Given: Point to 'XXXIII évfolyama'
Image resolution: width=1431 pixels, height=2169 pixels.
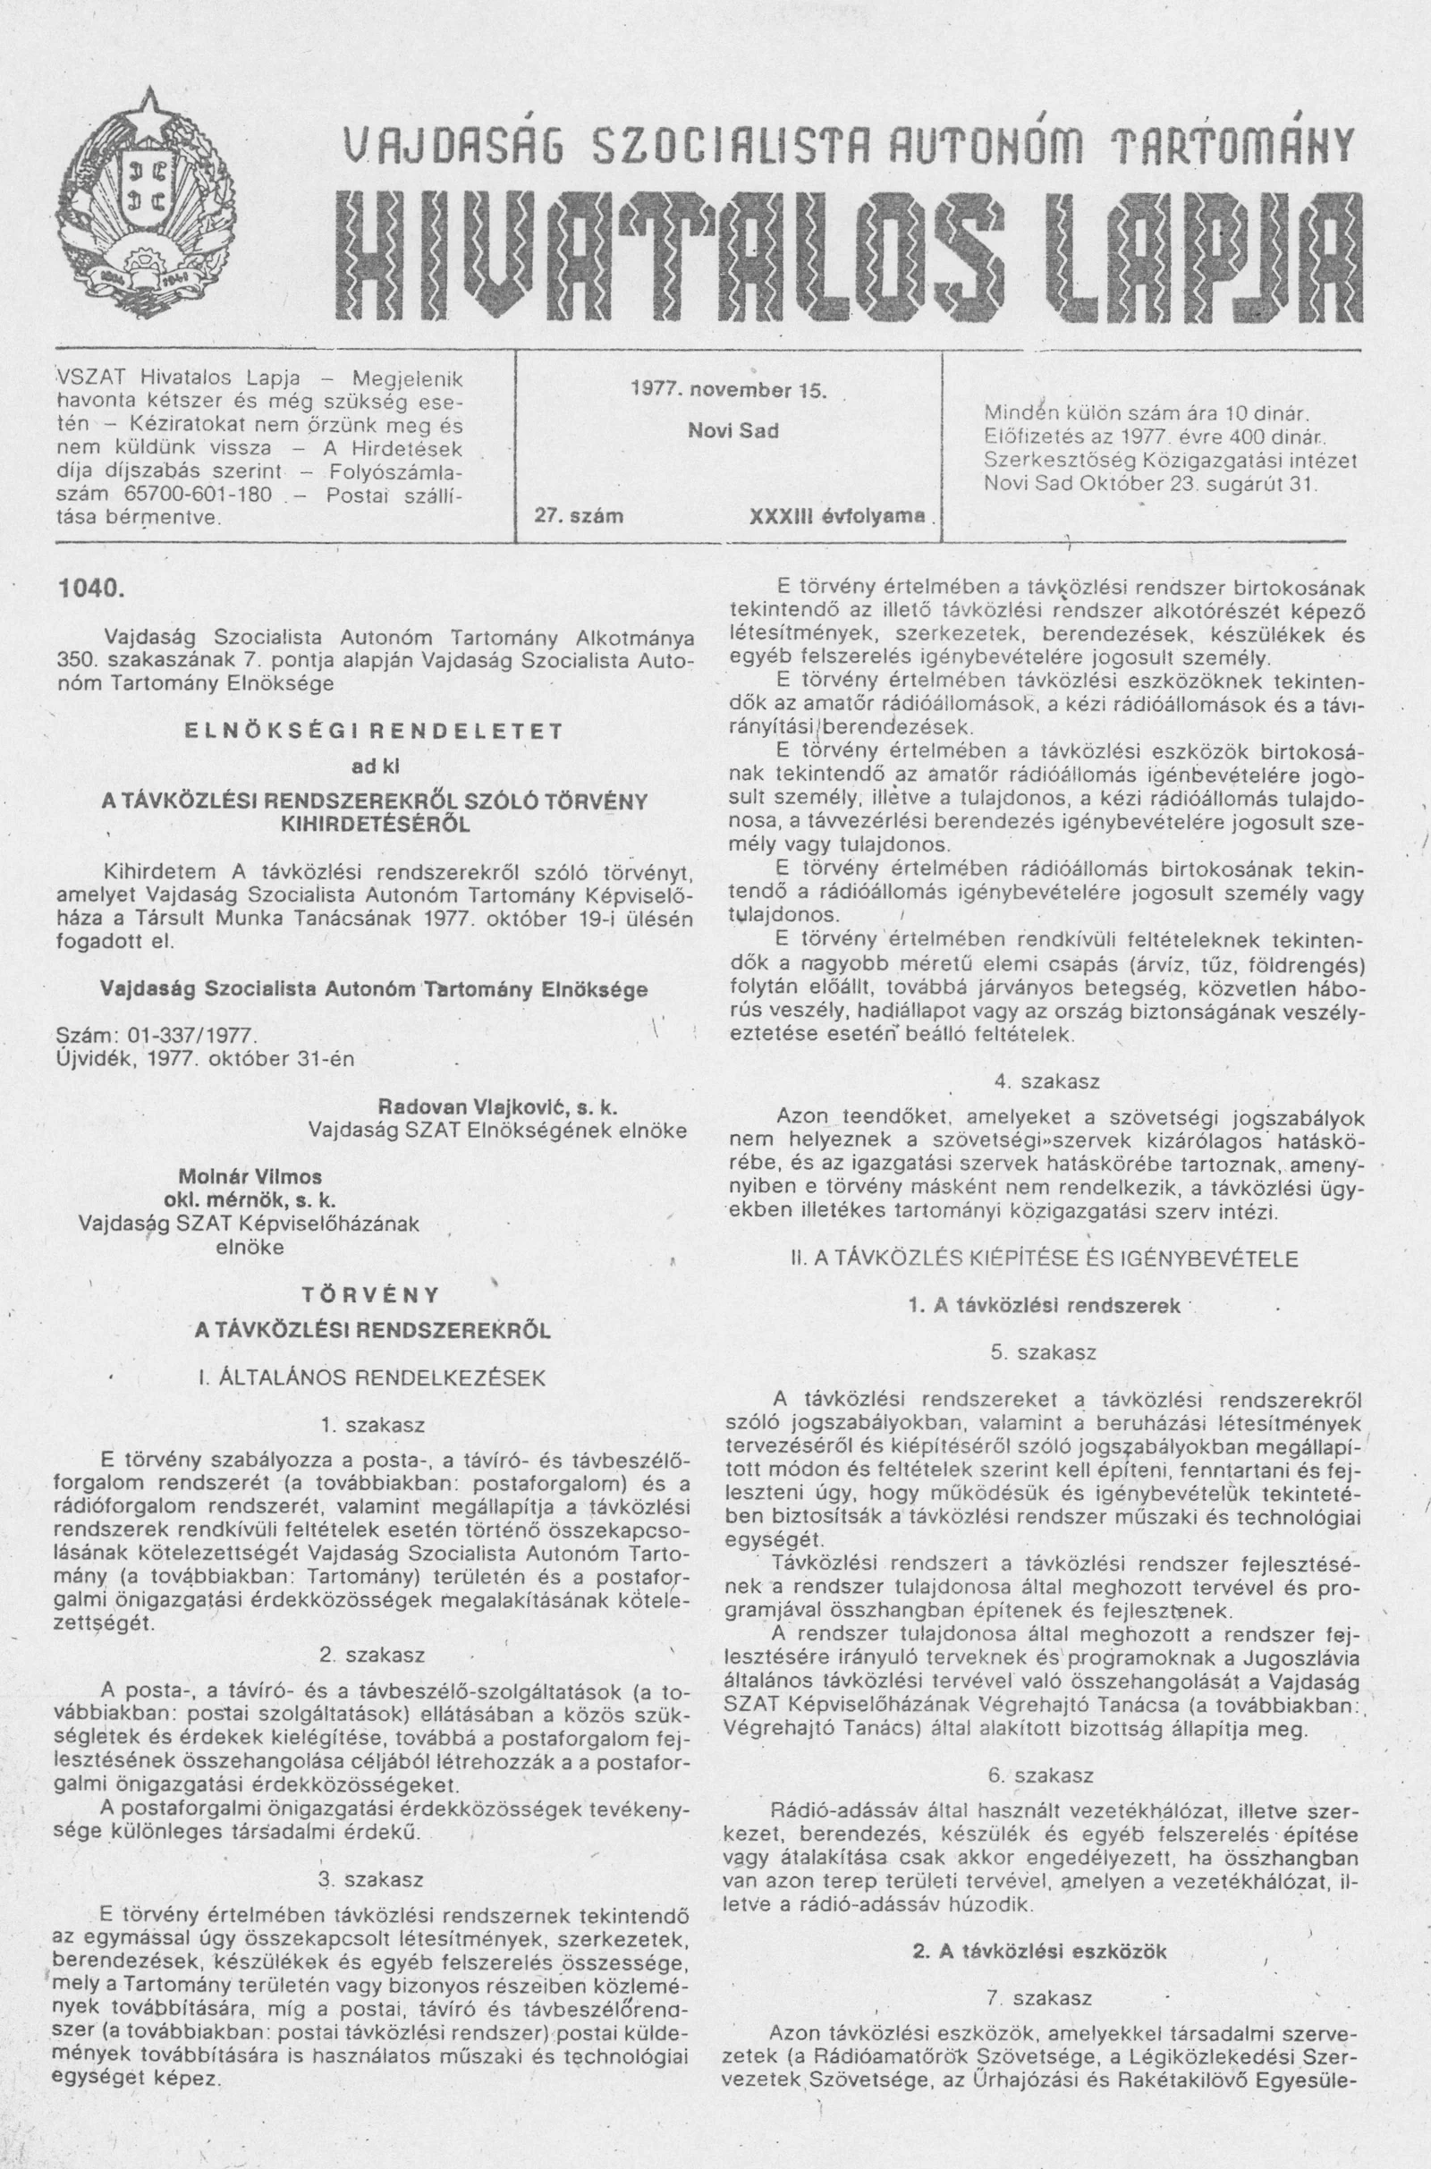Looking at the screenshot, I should click(x=836, y=515).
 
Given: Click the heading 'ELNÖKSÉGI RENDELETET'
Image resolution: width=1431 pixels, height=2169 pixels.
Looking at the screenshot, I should click(x=372, y=731).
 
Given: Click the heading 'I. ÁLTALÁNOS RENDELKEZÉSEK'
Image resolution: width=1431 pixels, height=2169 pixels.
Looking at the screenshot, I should click(x=372, y=1377).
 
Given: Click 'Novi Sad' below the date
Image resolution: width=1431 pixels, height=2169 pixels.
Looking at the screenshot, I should click(x=732, y=431).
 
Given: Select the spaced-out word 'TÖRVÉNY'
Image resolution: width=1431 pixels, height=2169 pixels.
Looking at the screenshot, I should click(x=371, y=1296).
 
